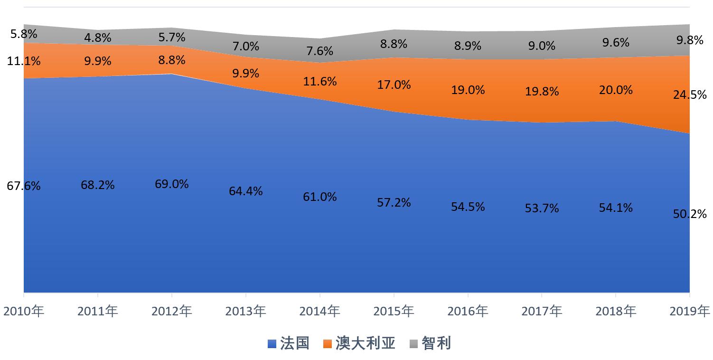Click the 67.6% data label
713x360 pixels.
(x=24, y=186)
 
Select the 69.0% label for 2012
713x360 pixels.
(x=171, y=184)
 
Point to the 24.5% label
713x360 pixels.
(x=690, y=95)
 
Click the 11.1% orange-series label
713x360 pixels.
(x=24, y=61)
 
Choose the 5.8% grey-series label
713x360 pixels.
(x=24, y=34)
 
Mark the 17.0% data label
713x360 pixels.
(x=394, y=85)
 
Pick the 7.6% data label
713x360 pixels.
(x=319, y=51)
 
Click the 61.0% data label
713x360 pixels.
(x=319, y=196)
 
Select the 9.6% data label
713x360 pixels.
(x=616, y=42)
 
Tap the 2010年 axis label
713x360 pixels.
(x=24, y=312)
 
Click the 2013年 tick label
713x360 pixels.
(x=245, y=312)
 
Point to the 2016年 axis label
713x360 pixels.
(x=468, y=312)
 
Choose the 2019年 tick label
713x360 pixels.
(x=690, y=312)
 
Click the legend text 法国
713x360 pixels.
(x=294, y=343)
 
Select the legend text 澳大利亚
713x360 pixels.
(x=366, y=343)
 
